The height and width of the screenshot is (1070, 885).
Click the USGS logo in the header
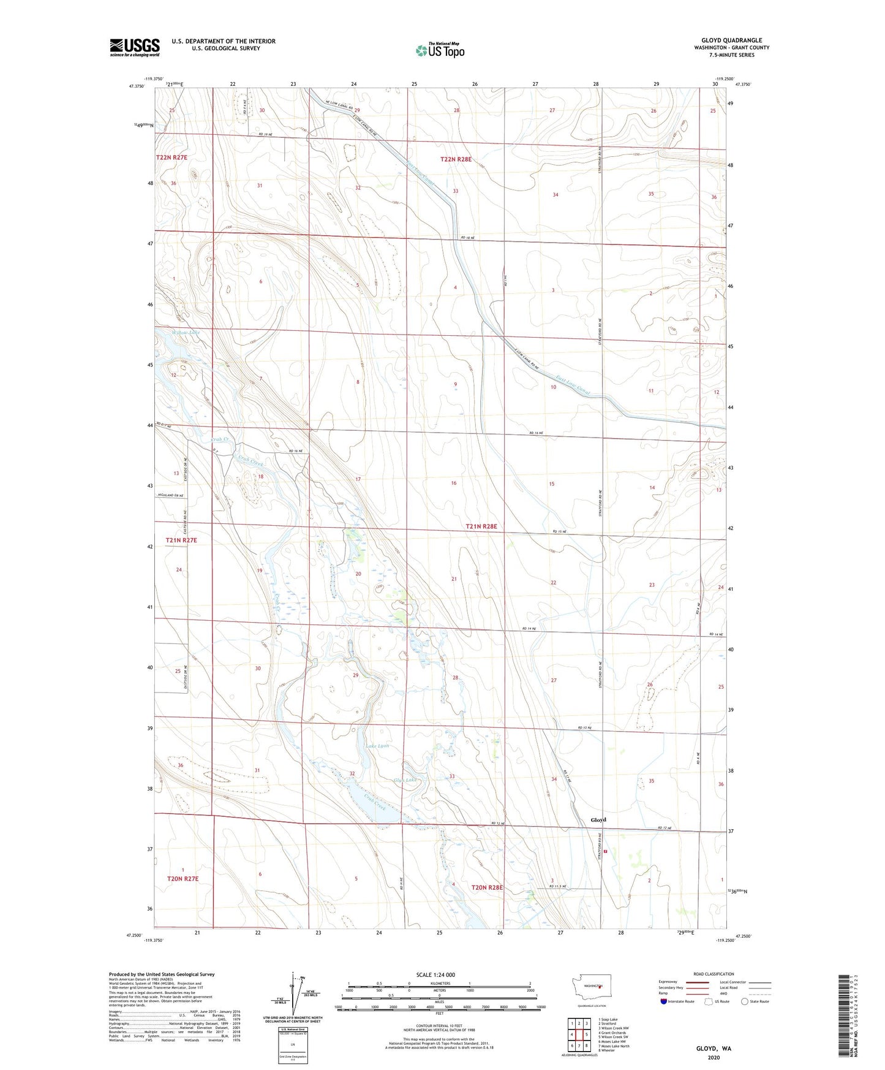pyautogui.click(x=134, y=47)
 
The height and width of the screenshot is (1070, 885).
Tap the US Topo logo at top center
pyautogui.click(x=440, y=50)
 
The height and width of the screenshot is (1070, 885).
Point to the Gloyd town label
pyautogui.click(x=598, y=819)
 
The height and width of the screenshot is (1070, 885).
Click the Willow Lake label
pyautogui.click(x=185, y=333)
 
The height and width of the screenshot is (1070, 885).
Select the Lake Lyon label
pyautogui.click(x=377, y=746)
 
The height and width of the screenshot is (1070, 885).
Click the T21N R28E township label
pyautogui.click(x=481, y=526)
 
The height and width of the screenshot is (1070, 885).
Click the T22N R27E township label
pyautogui.click(x=171, y=157)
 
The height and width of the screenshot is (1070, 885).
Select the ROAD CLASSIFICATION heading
pyautogui.click(x=714, y=974)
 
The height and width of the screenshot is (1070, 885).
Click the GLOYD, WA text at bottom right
pyautogui.click(x=714, y=1049)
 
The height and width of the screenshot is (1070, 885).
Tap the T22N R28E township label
pyautogui.click(x=456, y=159)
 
